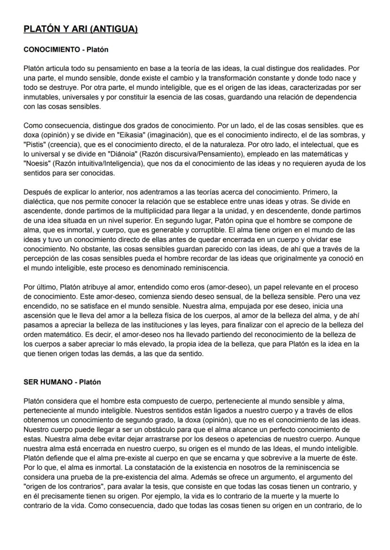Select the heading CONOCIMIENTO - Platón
pyautogui.click(x=66, y=49)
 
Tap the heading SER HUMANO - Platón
pyautogui.click(x=62, y=382)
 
